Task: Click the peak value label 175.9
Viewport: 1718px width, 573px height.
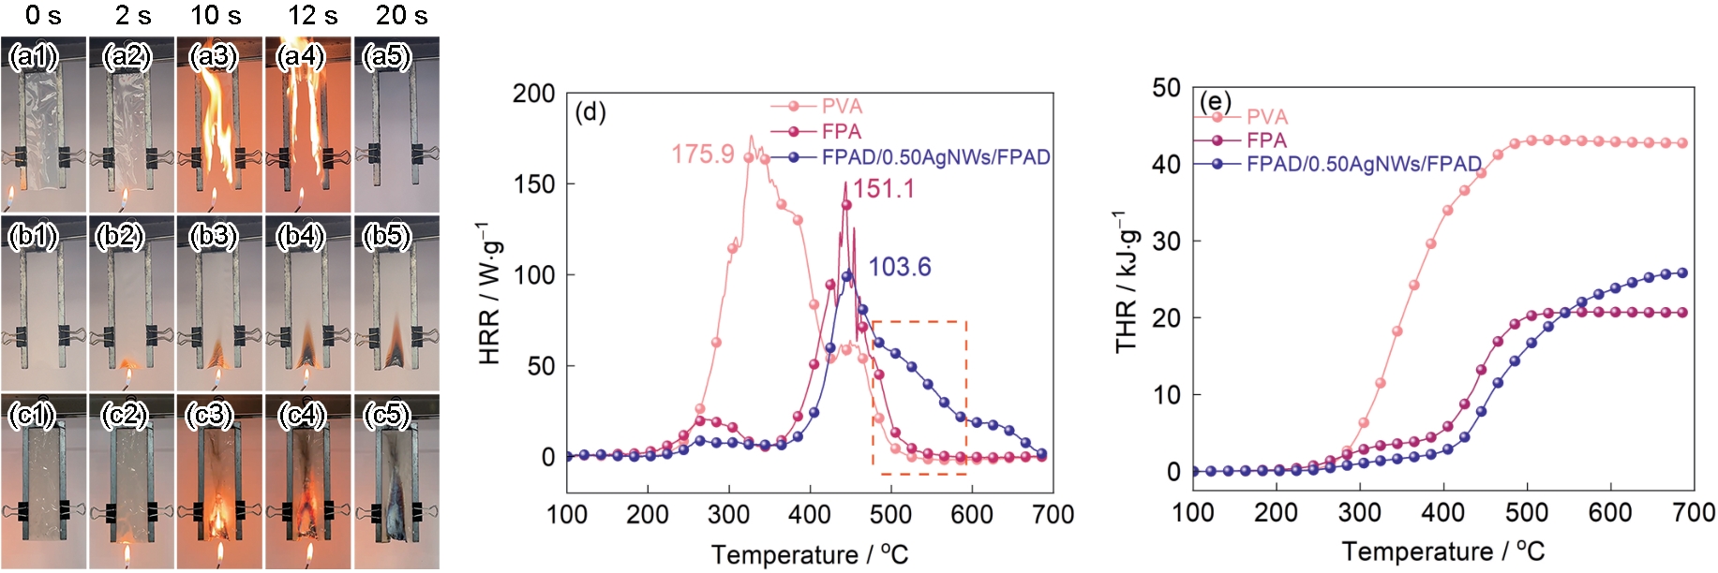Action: point(702,154)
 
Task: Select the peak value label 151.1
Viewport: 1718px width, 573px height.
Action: point(883,189)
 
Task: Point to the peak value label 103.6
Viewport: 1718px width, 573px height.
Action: point(899,268)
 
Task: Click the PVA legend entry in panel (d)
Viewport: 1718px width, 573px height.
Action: point(841,107)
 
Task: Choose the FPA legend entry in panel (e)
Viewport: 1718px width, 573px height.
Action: point(1265,140)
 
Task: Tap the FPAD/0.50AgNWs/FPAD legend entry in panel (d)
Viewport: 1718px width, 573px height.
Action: point(934,157)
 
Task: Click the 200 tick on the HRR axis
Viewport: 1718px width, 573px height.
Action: point(533,94)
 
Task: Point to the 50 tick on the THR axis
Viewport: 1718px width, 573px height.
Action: point(1166,88)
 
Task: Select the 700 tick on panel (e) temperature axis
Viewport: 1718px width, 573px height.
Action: point(1693,513)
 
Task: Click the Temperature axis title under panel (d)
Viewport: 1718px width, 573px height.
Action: point(809,555)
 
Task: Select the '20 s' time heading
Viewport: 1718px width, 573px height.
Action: point(401,15)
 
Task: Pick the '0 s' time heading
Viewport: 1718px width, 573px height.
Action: point(43,15)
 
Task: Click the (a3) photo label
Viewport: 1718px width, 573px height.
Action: point(214,56)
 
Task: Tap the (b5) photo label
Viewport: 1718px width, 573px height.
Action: point(387,235)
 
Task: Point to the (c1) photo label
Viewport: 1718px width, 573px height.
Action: point(33,414)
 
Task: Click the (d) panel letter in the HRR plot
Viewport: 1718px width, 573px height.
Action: point(590,112)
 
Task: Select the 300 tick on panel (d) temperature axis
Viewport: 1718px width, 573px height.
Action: point(728,514)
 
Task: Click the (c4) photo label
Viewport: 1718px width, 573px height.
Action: point(301,414)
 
